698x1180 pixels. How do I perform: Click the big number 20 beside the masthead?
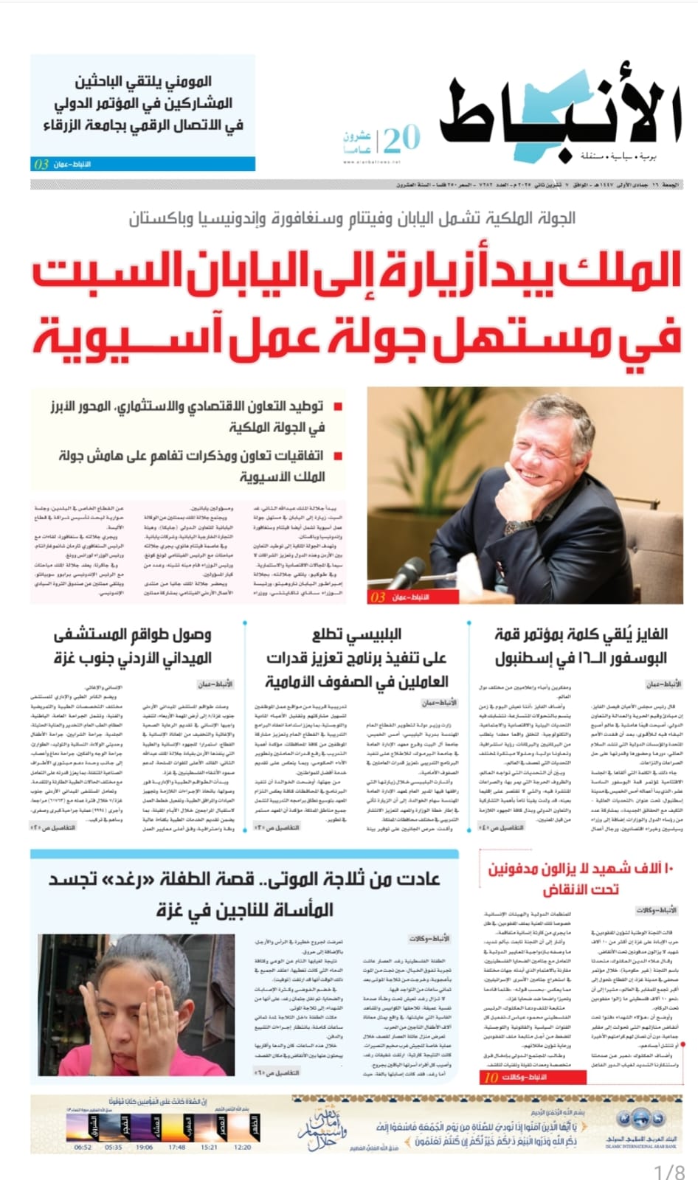pyautogui.click(x=402, y=138)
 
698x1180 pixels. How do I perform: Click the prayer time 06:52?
pyautogui.click(x=83, y=1148)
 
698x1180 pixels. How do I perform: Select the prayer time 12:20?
pyautogui.click(x=242, y=1148)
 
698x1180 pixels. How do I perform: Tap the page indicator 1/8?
pyautogui.click(x=670, y=1171)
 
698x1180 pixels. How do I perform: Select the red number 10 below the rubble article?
pyautogui.click(x=491, y=1077)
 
